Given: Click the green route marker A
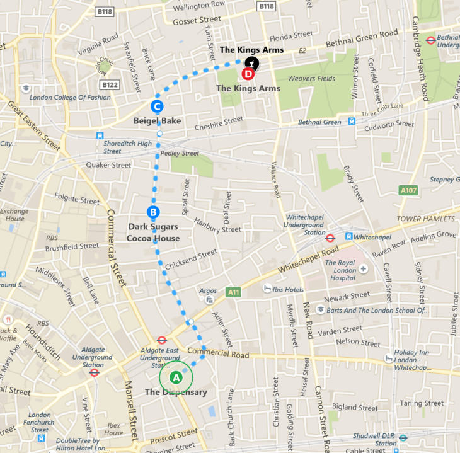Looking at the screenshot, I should click(x=176, y=377).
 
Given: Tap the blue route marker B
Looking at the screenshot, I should click(x=152, y=212).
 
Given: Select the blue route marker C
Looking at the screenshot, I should click(x=158, y=106).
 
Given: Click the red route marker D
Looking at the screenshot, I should click(x=248, y=74).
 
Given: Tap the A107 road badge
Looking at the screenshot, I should click(x=408, y=189).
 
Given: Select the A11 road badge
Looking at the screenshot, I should click(x=234, y=292).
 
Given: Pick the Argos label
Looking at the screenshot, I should click(x=190, y=292).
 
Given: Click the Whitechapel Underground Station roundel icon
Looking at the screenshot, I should click(x=330, y=238).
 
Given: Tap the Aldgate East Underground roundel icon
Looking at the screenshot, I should click(x=161, y=340).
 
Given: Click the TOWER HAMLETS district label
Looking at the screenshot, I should click(x=425, y=219).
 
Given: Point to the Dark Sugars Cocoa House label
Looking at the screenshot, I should click(x=153, y=232).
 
